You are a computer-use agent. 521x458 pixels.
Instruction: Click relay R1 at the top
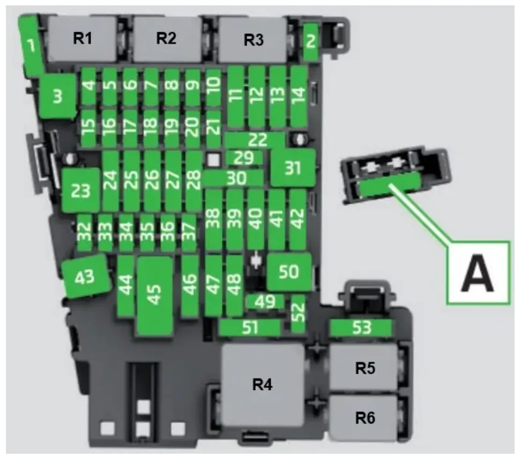point(83,39)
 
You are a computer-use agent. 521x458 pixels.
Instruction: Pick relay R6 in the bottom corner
point(364,418)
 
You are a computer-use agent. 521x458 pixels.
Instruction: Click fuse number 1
point(31,46)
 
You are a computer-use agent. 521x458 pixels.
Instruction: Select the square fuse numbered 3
point(57,97)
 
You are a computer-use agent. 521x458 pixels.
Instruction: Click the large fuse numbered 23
point(81,190)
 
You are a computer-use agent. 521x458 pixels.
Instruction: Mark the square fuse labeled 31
point(292,168)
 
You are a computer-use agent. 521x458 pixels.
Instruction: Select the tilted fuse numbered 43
point(85,277)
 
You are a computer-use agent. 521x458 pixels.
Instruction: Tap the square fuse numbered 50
point(289,272)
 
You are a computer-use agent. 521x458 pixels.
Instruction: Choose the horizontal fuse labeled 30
point(234,178)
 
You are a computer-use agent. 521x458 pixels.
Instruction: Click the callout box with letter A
point(478,273)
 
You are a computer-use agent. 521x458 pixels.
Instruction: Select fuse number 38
point(213,219)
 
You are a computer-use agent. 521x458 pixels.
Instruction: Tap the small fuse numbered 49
point(264,301)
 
